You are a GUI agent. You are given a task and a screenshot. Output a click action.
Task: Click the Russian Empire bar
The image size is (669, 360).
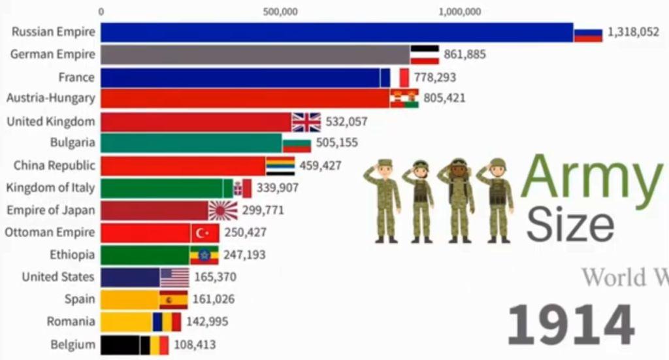coord(336,32)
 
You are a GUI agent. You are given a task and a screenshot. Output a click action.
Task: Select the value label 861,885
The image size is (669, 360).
coord(465,54)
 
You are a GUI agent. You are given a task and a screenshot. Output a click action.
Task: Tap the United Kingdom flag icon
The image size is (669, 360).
coord(306,122)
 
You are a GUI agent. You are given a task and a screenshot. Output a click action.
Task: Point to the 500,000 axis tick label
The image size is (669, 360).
coord(281,11)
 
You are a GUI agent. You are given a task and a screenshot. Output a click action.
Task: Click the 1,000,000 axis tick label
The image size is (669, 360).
coord(459,11)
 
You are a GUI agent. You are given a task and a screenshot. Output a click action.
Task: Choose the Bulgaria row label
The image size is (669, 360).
coord(72,142)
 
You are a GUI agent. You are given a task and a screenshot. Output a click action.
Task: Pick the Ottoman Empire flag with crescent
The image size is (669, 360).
coord(204,233)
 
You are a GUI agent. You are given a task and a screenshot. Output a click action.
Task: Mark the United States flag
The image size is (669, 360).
coord(174,277)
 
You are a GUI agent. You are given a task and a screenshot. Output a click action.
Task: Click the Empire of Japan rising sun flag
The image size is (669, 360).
coord(223,210)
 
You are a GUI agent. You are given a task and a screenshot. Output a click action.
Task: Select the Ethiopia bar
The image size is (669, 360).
coord(145,255)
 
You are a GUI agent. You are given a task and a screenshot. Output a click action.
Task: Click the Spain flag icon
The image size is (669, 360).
coord(174,300)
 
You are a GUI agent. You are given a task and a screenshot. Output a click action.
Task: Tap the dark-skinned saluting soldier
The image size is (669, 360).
coord(459,200)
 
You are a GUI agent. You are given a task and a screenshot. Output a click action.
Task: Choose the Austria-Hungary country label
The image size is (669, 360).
coord(50,98)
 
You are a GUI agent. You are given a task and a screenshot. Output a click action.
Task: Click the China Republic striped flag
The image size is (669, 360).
coord(280,166)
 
